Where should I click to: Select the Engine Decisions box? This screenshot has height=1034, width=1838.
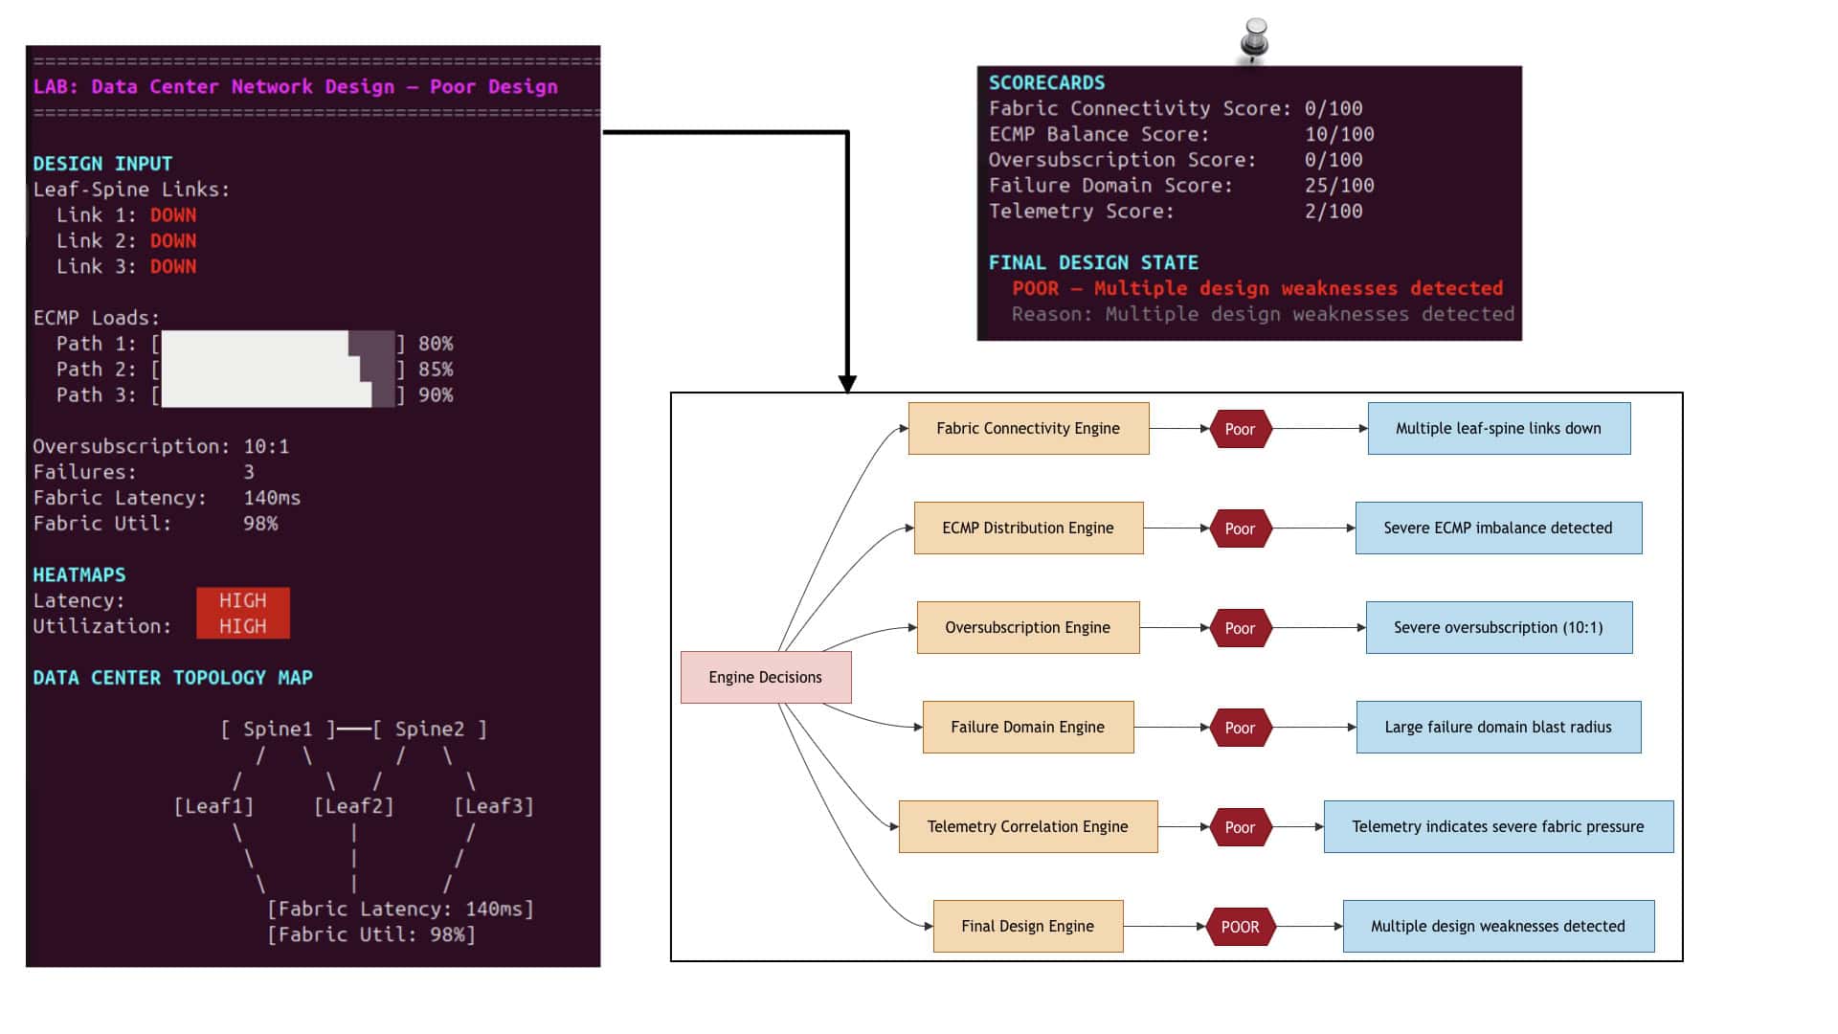click(x=766, y=677)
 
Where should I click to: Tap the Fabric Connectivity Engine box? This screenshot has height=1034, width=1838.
click(x=1028, y=428)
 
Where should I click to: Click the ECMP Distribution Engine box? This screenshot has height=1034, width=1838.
click(x=1028, y=528)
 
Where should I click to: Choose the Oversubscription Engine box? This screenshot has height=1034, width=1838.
click(x=1028, y=627)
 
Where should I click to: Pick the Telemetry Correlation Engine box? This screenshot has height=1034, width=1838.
click(x=1028, y=826)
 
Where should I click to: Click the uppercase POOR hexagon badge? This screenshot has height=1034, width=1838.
click(x=1241, y=927)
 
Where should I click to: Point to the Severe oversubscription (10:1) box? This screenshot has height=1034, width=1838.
click(x=1499, y=627)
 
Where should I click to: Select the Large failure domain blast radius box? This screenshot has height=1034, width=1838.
click(x=1499, y=727)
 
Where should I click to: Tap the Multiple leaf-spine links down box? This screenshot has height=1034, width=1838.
click(x=1499, y=428)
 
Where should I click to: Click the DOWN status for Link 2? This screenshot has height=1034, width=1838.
click(x=173, y=240)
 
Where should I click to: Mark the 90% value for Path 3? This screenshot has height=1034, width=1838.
click(x=436, y=394)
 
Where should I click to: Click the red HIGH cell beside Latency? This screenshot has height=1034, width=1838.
click(x=243, y=600)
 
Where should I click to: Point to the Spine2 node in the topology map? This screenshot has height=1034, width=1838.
click(x=430, y=730)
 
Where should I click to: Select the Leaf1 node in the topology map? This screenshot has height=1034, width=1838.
click(x=213, y=806)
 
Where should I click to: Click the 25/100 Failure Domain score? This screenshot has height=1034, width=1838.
click(x=1339, y=186)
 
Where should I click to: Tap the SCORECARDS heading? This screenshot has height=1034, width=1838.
click(x=1046, y=82)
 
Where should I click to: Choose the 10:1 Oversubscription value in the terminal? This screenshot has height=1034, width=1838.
click(x=266, y=446)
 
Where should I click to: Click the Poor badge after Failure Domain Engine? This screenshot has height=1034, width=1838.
click(x=1241, y=728)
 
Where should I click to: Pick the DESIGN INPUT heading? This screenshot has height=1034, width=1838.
click(x=102, y=164)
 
